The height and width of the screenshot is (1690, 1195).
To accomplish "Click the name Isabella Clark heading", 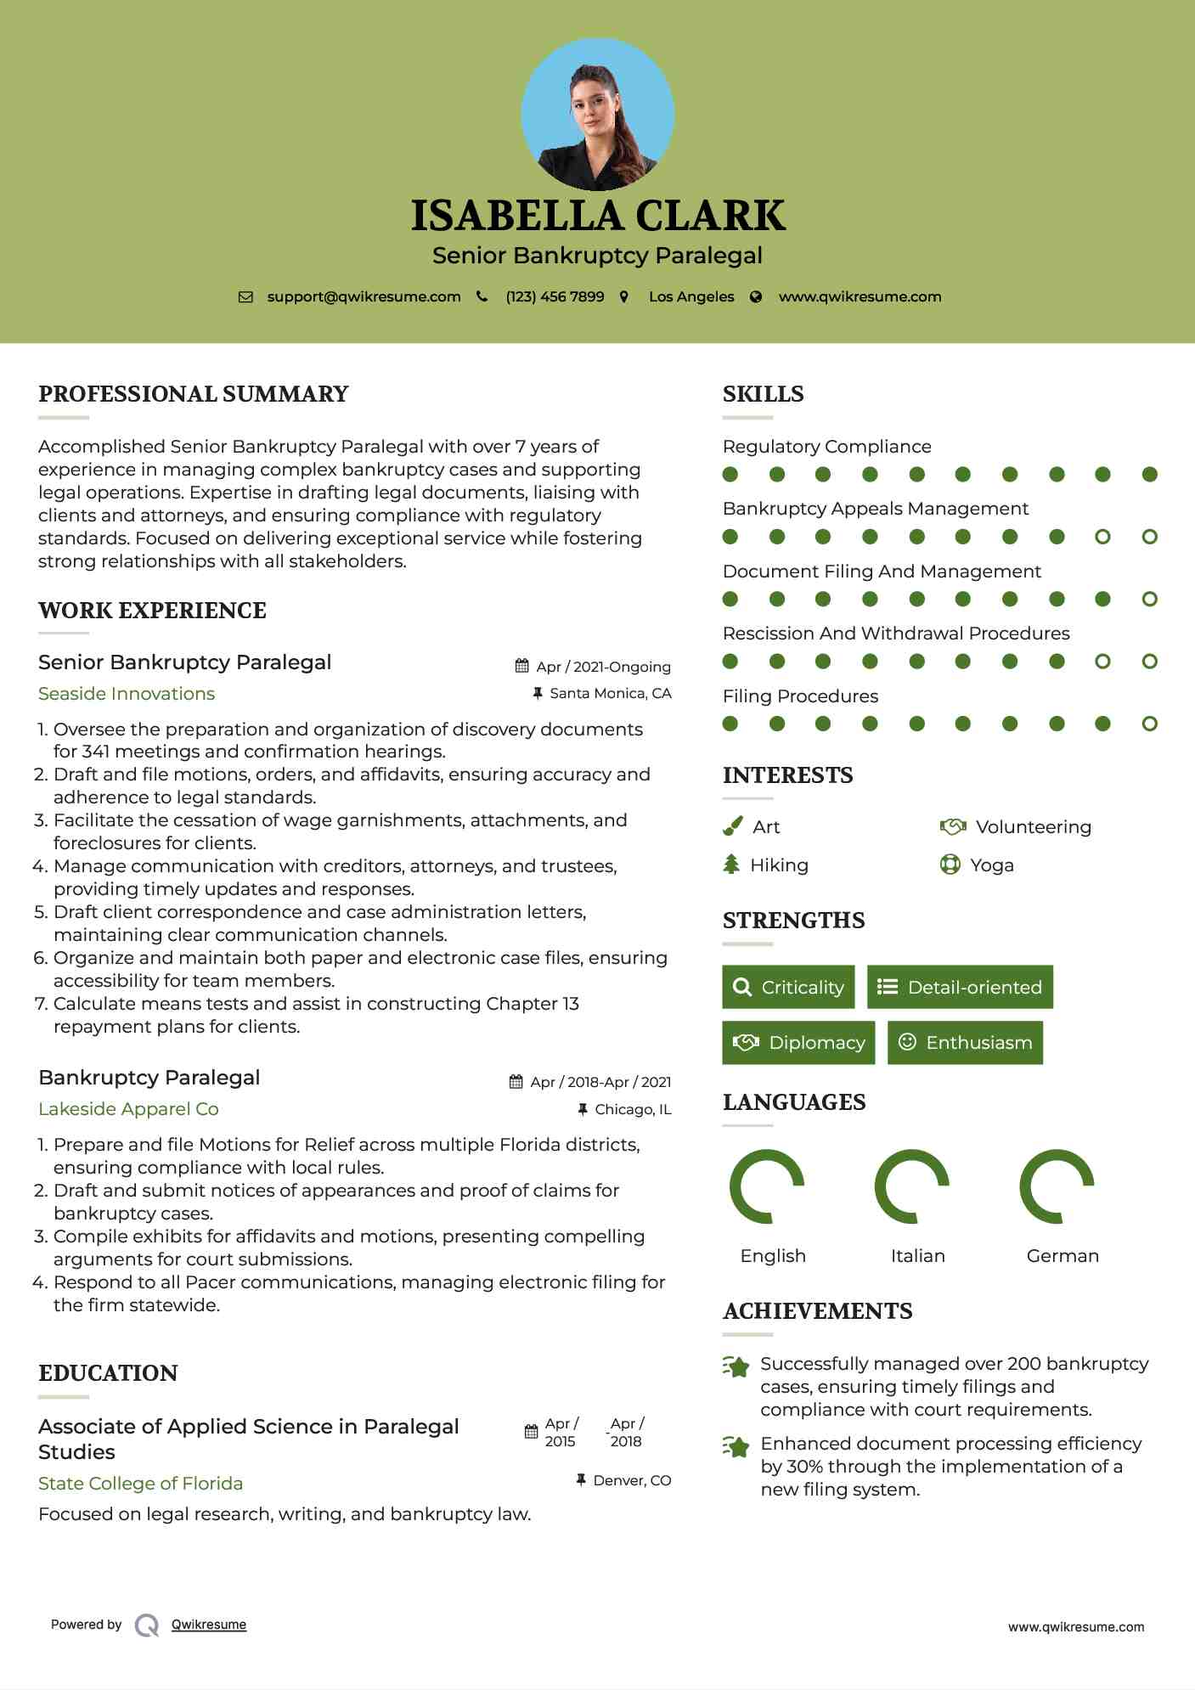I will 598,216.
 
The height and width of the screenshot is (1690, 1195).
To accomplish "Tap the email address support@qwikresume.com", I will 364,297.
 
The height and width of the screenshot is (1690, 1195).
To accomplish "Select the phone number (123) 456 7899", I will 555,297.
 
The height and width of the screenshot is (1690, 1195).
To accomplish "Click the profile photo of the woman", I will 598,114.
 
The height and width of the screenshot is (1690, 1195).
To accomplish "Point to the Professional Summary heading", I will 194,394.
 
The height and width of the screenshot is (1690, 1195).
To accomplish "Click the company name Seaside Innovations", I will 127,694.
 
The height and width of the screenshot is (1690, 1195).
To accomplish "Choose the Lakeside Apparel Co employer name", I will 128,1109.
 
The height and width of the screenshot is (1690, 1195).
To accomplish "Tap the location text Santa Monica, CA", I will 610,694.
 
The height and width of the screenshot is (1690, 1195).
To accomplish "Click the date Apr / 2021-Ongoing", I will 603,667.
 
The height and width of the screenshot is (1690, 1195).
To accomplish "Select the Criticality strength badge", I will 788,987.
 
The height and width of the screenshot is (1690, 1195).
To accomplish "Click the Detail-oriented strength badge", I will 960,987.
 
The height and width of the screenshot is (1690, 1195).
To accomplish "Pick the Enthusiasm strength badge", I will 965,1043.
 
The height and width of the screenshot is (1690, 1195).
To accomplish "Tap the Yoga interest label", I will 992,865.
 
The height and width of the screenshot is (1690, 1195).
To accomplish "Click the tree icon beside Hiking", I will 731,865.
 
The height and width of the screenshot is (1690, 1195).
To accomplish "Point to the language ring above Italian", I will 911,1186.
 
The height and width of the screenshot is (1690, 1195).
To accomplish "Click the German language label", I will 1063,1256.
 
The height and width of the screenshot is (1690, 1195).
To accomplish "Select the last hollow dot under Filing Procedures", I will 1150,724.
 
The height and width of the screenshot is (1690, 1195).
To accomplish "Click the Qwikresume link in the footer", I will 209,1625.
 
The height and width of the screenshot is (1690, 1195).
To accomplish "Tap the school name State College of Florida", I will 140,1484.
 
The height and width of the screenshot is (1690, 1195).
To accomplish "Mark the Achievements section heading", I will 817,1311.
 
